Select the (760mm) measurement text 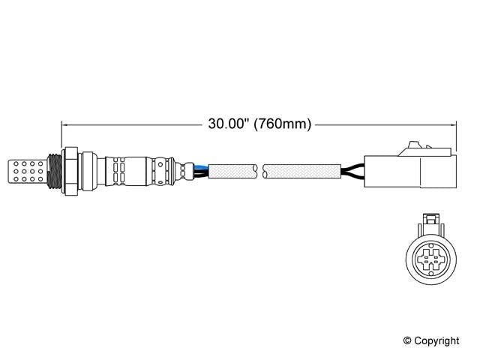(x=281, y=124)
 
